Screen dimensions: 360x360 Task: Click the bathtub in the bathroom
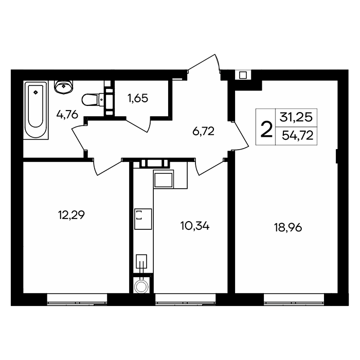click(x=36, y=110)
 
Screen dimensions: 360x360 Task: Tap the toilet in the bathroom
click(x=93, y=100)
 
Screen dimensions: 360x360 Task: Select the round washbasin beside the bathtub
click(x=64, y=87)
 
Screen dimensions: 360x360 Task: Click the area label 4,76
click(x=67, y=115)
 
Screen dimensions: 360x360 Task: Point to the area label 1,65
click(x=138, y=98)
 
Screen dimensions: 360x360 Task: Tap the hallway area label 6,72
click(x=204, y=131)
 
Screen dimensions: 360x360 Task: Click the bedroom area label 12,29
click(x=71, y=215)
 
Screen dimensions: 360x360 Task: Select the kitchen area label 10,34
click(x=195, y=226)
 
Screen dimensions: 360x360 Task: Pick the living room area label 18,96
click(x=288, y=228)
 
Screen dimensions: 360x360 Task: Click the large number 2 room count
click(x=266, y=130)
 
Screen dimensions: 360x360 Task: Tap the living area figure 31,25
click(x=296, y=118)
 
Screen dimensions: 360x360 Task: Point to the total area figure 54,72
click(x=298, y=136)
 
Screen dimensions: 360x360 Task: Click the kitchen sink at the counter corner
click(x=164, y=179)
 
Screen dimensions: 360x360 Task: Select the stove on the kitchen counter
click(x=143, y=219)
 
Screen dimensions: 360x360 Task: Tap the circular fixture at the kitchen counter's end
click(x=141, y=287)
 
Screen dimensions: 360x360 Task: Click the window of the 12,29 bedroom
click(x=77, y=299)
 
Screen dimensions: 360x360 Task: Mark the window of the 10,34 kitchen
click(x=186, y=299)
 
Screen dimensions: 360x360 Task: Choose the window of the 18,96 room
click(x=294, y=299)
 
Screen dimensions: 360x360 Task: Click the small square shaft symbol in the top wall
click(x=243, y=75)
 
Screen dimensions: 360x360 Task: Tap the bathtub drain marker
click(x=35, y=93)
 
